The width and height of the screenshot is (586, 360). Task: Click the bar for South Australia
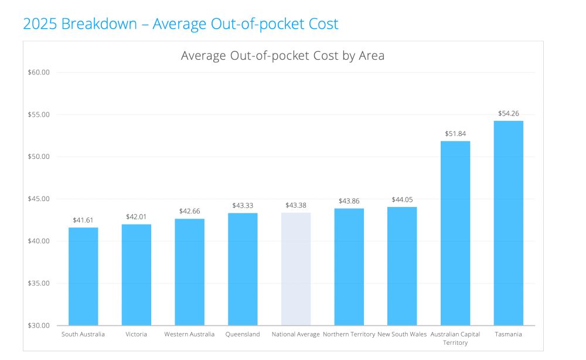(83, 276)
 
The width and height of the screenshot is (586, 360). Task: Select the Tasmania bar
(508, 223)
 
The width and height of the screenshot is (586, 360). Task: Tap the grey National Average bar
(296, 269)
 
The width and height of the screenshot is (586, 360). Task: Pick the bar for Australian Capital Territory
(455, 233)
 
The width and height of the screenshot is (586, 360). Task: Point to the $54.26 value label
(508, 113)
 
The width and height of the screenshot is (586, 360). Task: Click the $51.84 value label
(455, 134)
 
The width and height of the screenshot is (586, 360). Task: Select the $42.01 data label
(137, 217)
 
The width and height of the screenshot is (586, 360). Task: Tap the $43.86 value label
(349, 201)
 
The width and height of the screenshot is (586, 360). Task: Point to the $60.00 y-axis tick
(39, 72)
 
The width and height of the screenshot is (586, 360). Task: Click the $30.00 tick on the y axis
(39, 325)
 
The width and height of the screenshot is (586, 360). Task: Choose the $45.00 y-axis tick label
(39, 199)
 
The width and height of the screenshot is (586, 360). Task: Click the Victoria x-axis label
(137, 334)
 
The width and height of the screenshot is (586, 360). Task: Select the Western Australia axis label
(189, 334)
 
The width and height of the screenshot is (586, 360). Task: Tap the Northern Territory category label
(349, 334)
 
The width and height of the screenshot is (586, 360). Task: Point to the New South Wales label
(402, 334)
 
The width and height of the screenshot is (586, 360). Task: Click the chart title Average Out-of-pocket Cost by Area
(282, 56)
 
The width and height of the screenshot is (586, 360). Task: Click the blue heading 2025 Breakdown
(180, 24)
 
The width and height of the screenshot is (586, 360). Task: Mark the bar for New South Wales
(402, 266)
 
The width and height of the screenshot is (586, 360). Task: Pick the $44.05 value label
(402, 200)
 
